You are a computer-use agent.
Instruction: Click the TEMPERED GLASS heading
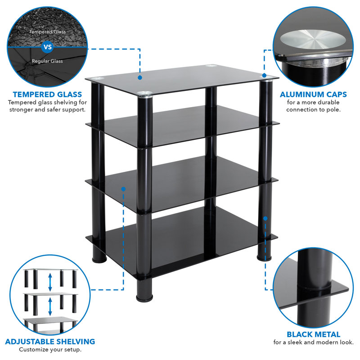pos(47,94)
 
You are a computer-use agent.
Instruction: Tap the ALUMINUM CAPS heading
pos(313,94)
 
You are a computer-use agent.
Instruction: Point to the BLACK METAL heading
pos(313,334)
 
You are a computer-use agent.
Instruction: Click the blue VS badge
pos(47,46)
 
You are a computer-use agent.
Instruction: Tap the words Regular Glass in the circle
pos(47,61)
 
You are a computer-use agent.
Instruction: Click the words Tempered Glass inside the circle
pos(47,32)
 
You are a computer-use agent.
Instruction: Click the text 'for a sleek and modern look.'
pos(313,343)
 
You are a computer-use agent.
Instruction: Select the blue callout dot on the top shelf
pos(140,78)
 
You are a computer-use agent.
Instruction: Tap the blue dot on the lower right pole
pos(265,218)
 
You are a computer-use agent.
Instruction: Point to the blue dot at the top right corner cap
pos(264,76)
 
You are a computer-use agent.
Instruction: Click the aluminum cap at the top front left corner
pos(144,94)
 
